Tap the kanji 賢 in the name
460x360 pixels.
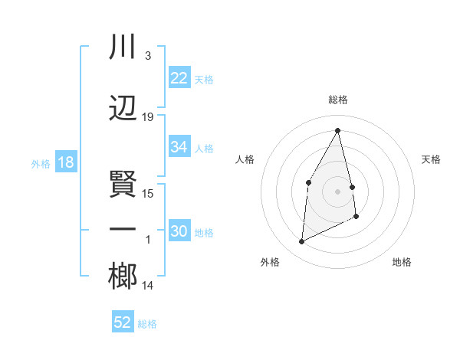123,183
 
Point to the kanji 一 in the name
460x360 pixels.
123,231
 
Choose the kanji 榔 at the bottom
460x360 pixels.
123,277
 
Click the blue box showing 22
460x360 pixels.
179,78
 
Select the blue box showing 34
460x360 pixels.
179,148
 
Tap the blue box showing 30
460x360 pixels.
179,232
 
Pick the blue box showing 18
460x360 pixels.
65,162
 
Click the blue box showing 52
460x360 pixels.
123,322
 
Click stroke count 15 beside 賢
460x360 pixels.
148,194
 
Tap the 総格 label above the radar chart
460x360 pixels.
338,100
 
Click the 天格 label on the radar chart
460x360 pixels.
432,159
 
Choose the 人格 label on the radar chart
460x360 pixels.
245,159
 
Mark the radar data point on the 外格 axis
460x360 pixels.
301,242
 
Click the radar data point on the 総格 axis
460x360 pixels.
338,130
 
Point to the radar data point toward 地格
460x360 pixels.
356,217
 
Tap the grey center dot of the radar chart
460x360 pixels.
338,191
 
